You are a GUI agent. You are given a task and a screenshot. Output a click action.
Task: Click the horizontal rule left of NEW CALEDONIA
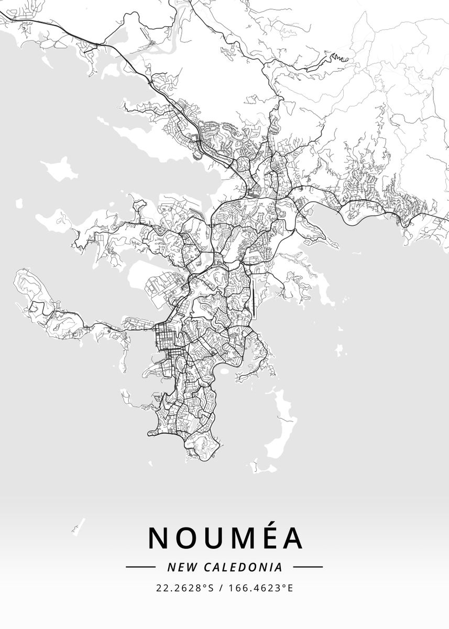tap(140, 567)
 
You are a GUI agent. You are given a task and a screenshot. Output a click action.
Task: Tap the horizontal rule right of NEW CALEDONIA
tap(308, 567)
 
